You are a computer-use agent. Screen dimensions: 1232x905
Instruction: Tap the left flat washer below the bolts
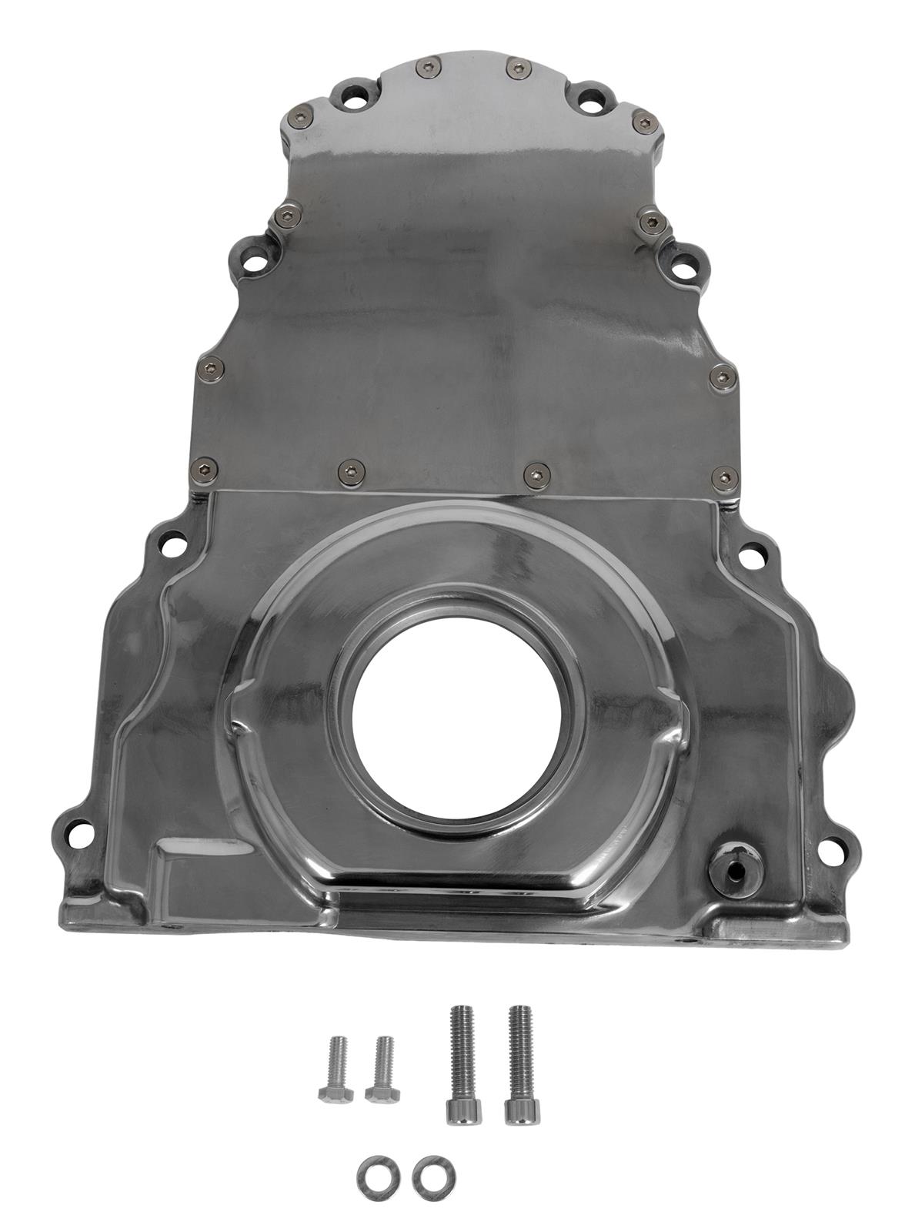pos(372,1176)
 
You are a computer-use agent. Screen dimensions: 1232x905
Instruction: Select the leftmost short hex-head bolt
pos(336,1071)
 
